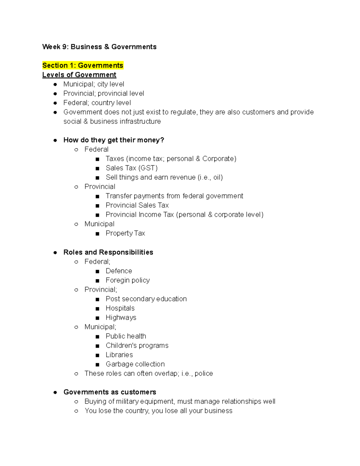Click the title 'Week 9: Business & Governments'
[x=99, y=47]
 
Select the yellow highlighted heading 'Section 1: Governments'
[x=83, y=65]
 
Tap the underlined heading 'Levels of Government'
[x=79, y=75]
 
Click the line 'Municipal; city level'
[x=94, y=84]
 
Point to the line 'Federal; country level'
[x=97, y=103]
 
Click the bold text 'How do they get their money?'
[x=114, y=140]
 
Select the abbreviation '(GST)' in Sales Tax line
[x=148, y=168]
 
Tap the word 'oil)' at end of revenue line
[x=218, y=177]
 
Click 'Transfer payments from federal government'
[x=174, y=196]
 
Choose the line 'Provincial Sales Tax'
[x=137, y=205]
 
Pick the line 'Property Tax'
[x=125, y=233]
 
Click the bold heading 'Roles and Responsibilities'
[x=108, y=252]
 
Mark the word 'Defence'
[x=119, y=271]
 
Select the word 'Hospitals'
[x=120, y=308]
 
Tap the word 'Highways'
[x=121, y=317]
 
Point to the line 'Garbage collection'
[x=135, y=364]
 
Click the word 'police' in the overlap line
[x=204, y=373]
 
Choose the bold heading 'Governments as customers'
[x=110, y=392]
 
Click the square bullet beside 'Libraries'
[x=97, y=355]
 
